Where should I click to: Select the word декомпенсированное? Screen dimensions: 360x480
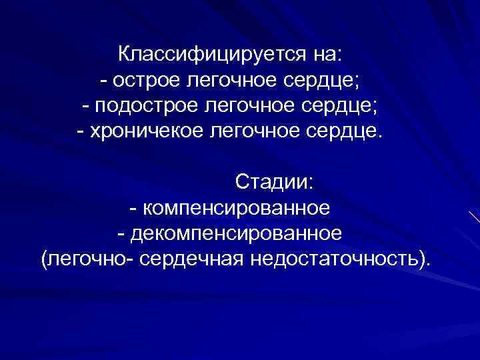pyautogui.click(x=237, y=233)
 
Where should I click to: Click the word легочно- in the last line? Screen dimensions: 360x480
pyautogui.click(x=89, y=257)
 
